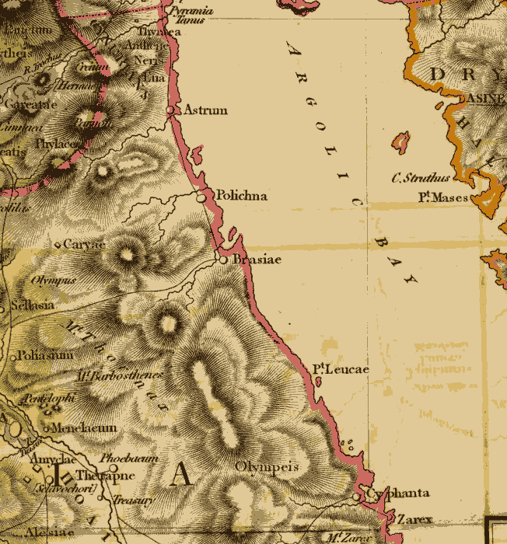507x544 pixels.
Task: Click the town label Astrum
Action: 205,110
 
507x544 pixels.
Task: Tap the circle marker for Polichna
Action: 201,198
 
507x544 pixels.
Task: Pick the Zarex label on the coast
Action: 414,518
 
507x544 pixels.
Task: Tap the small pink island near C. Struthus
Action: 401,143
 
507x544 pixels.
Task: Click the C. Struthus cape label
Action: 420,178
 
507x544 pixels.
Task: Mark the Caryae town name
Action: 83,244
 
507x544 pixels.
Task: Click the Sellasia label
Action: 31,305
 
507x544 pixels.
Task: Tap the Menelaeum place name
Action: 83,427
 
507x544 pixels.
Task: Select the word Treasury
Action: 132,501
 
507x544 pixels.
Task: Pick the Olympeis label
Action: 267,467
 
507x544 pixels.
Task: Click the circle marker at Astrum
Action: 171,111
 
